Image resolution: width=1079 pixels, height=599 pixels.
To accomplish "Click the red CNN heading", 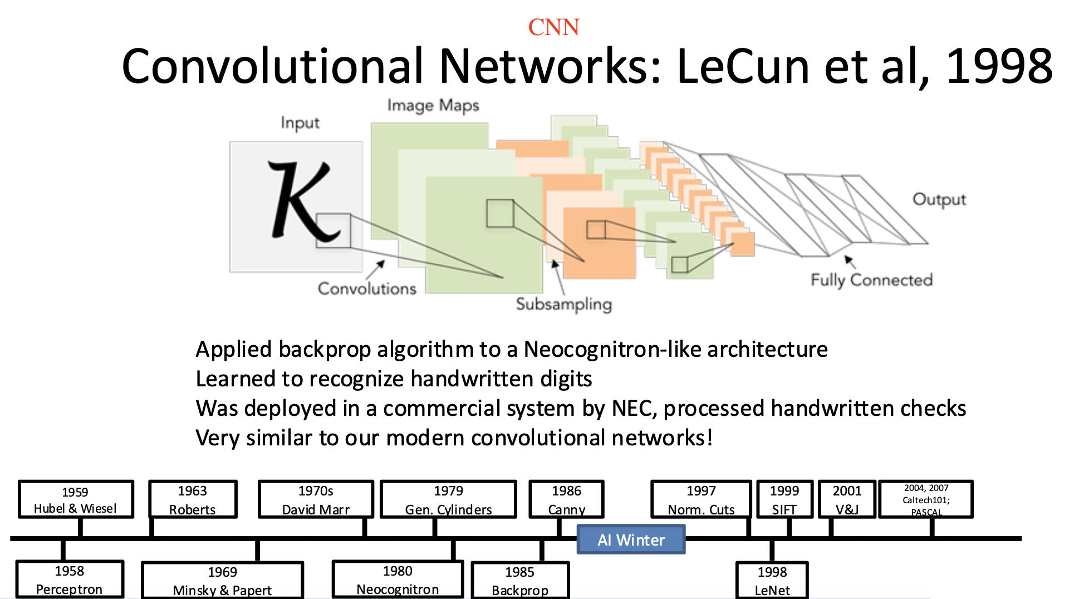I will click(553, 27).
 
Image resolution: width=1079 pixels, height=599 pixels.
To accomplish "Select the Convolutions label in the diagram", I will click(367, 288).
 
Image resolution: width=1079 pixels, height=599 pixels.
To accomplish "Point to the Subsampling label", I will click(563, 304).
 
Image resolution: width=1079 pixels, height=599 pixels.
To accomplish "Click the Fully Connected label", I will click(871, 280).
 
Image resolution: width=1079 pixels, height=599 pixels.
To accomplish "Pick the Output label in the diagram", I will click(939, 199).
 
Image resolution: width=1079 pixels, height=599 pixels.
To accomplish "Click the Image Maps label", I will click(433, 105).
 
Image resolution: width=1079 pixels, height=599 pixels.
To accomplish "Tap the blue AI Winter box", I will click(631, 539).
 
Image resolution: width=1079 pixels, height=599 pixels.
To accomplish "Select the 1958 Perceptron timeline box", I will click(70, 580).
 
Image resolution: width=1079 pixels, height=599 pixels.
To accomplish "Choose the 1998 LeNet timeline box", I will click(772, 581).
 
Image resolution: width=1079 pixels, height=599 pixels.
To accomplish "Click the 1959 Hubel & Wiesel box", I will click(76, 499).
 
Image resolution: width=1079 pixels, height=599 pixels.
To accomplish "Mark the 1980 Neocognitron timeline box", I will click(398, 580).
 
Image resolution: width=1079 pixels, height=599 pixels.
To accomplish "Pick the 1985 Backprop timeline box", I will click(520, 581).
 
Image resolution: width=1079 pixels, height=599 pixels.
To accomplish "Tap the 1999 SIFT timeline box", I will click(784, 499).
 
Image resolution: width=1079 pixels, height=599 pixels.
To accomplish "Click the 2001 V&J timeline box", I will click(847, 499).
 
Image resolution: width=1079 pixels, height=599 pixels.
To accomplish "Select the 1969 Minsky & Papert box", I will click(222, 581).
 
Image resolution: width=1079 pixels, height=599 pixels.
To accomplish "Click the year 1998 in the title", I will click(999, 67).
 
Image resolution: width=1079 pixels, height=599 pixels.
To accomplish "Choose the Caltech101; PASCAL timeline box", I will click(925, 499).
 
